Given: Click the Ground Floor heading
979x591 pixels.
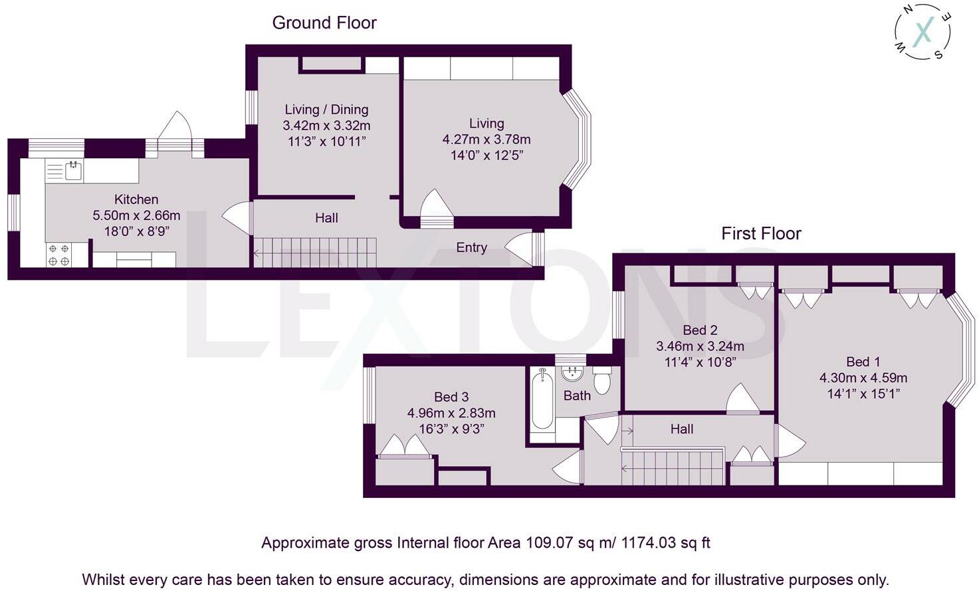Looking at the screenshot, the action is [x=324, y=23].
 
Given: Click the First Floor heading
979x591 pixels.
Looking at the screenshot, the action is [x=761, y=233].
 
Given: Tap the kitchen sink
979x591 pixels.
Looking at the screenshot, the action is [x=74, y=170].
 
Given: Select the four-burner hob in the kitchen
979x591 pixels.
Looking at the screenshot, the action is [x=59, y=255].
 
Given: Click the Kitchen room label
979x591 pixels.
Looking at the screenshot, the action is [x=136, y=199].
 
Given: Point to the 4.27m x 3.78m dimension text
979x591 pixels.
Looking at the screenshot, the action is [x=487, y=140].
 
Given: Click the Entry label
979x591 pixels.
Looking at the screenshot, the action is [x=472, y=247].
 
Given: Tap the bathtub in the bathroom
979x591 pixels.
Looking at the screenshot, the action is [x=542, y=398].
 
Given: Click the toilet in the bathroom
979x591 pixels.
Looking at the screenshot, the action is [x=602, y=380].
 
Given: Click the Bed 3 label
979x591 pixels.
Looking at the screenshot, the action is [x=451, y=397].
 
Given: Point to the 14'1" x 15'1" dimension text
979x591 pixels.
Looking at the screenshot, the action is [x=863, y=394].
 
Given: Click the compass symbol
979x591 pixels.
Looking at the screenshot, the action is [x=923, y=31].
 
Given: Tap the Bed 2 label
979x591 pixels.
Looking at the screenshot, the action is [x=700, y=330].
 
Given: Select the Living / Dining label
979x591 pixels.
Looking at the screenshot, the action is [x=326, y=109].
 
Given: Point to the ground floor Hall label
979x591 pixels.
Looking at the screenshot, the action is [x=326, y=217].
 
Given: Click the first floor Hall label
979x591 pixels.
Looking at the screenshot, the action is [x=682, y=429].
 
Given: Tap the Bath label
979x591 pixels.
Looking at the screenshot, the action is [x=577, y=396].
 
